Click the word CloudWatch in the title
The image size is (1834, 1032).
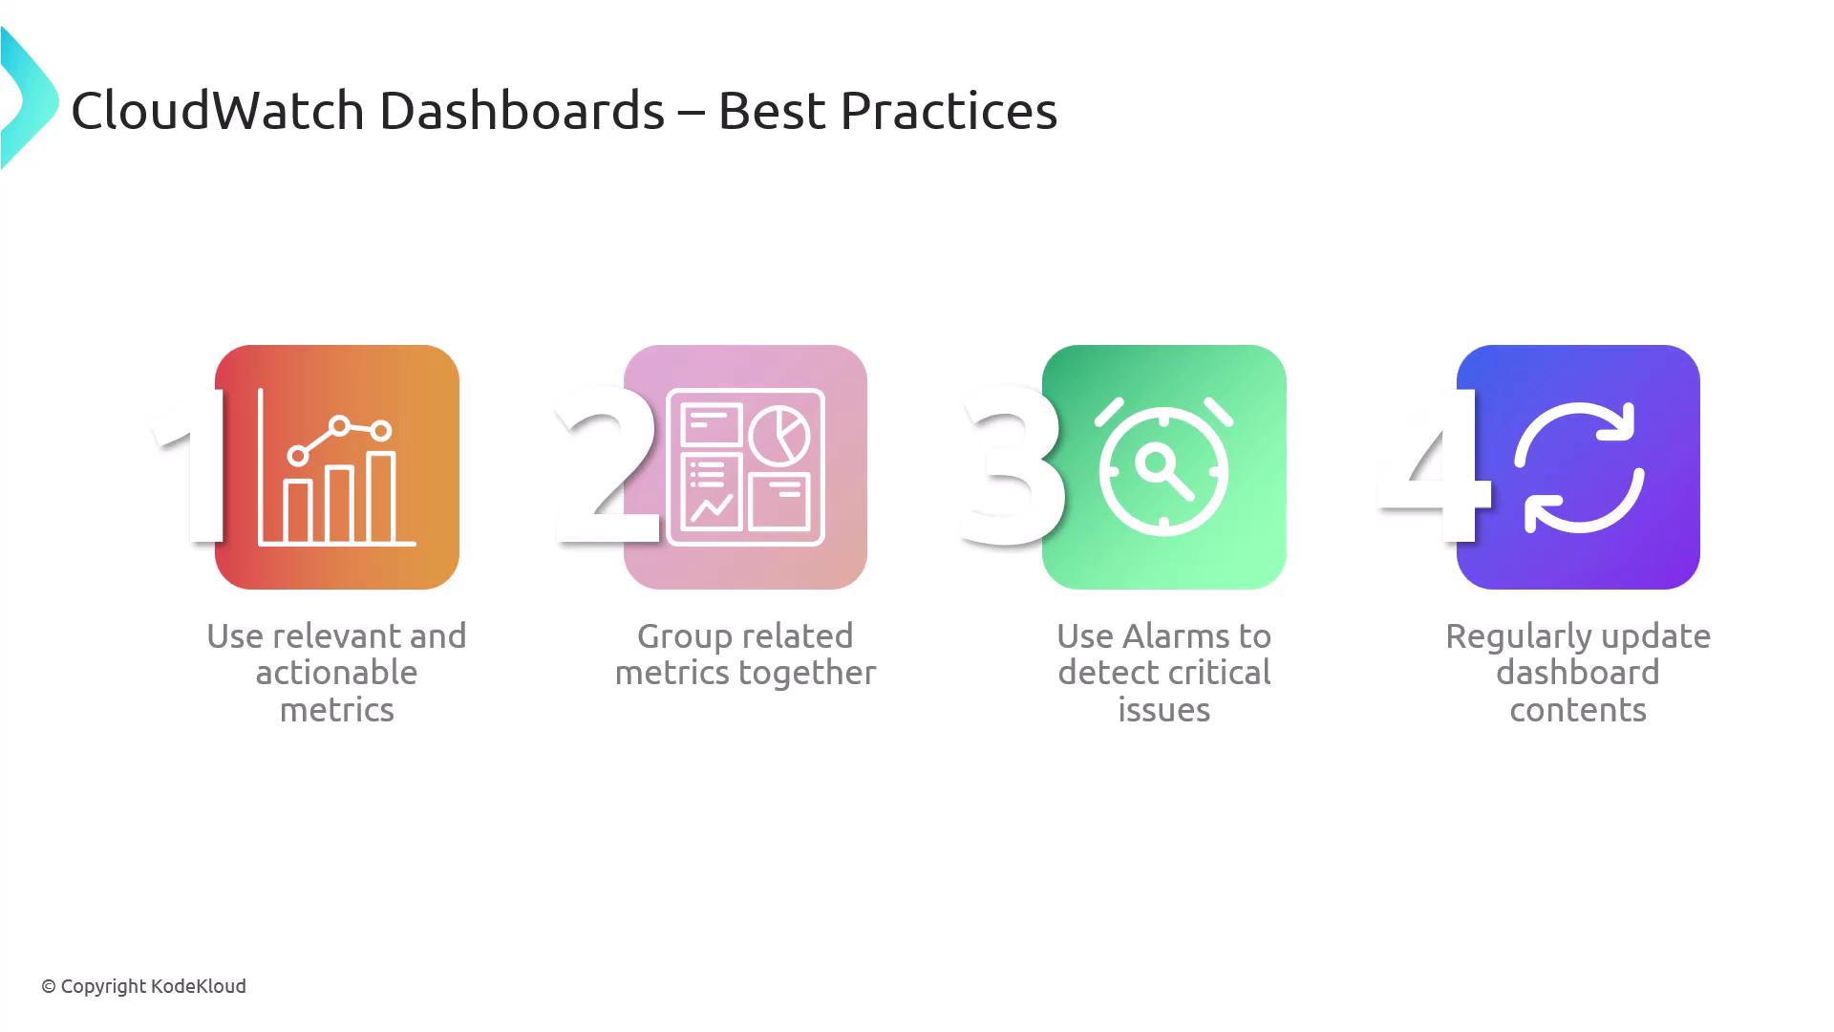pyautogui.click(x=218, y=110)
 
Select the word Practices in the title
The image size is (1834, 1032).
pyautogui.click(x=949, y=110)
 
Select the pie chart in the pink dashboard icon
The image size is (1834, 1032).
pyautogui.click(x=779, y=435)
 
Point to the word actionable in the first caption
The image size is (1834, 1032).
pyautogui.click(x=336, y=673)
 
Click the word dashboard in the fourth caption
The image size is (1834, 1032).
pyautogui.click(x=1578, y=673)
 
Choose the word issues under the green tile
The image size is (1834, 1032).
pyautogui.click(x=1163, y=710)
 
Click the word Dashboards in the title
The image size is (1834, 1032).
pyautogui.click(x=522, y=110)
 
